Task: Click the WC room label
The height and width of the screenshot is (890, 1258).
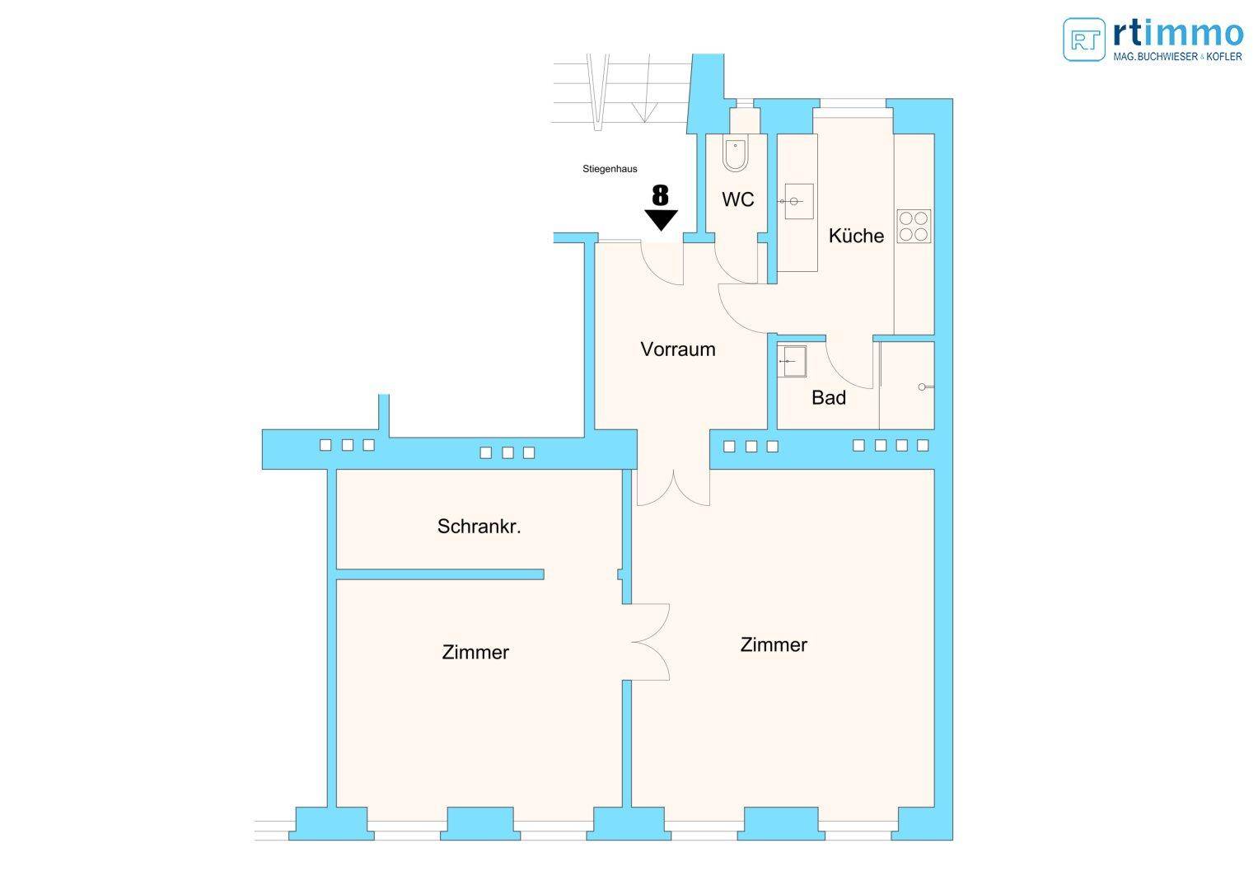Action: [x=738, y=199]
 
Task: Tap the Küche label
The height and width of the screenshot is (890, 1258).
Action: [x=856, y=236]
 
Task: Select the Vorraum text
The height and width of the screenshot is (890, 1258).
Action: [x=678, y=349]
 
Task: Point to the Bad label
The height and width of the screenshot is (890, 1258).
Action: [x=829, y=398]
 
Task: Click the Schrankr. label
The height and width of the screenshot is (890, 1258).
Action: [x=479, y=527]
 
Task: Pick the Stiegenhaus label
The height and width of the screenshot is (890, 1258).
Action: [x=610, y=169]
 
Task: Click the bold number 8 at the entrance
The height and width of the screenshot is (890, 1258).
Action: [x=661, y=195]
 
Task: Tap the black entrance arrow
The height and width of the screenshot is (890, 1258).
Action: [x=661, y=220]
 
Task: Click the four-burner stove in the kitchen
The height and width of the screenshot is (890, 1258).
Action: [x=914, y=227]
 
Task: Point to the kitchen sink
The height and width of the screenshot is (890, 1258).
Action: [x=798, y=201]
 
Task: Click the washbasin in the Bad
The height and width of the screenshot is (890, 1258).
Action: [x=792, y=361]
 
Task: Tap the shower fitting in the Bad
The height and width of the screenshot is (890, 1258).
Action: [x=926, y=386]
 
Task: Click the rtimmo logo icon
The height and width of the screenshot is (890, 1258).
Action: [x=1084, y=40]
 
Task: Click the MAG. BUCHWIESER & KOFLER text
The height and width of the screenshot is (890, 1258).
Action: [x=1178, y=56]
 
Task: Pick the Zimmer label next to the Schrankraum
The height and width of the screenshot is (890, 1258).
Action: [x=475, y=653]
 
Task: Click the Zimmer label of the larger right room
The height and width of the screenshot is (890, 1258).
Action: [x=774, y=644]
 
